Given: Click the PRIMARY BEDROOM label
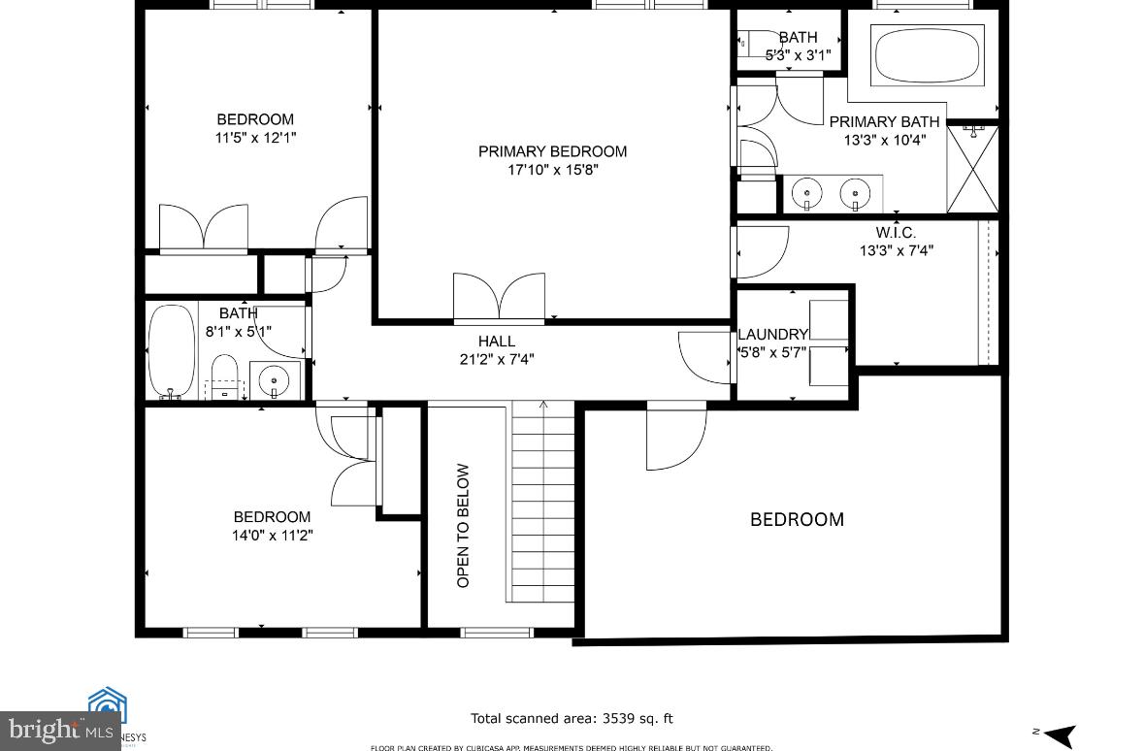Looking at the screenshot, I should tap(552, 151).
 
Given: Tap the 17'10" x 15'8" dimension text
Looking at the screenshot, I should tap(552, 170).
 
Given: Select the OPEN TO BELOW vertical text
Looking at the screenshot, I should tap(463, 525).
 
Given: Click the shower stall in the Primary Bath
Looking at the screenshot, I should tap(971, 168).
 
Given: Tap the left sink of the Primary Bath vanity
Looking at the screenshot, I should tap(807, 192).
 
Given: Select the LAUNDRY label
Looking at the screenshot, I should tap(773, 334).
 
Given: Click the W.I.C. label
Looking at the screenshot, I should tap(895, 233).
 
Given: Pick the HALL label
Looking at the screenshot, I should tap(496, 342).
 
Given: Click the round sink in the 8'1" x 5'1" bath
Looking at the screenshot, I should tap(274, 379).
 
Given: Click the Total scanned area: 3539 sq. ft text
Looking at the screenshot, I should tap(572, 719).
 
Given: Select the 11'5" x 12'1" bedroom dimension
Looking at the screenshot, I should tap(255, 138).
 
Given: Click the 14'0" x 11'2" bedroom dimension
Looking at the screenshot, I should tap(272, 535).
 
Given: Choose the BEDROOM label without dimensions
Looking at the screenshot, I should tap(797, 519).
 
